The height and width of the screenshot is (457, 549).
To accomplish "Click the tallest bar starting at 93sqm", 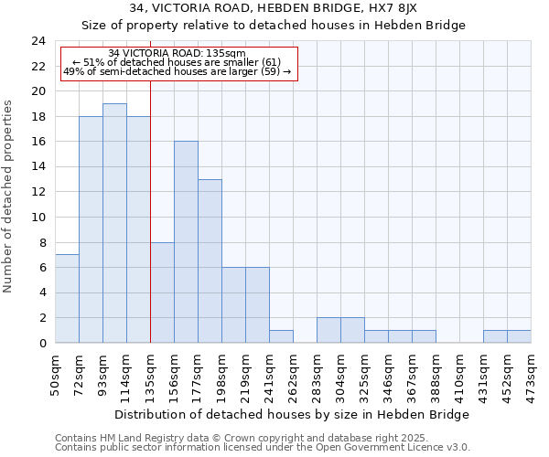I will pyautogui.click(x=114, y=223).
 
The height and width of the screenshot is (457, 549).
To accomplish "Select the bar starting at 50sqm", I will pyautogui.click(x=67, y=299).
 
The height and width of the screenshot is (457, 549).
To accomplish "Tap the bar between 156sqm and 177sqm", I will pyautogui.click(x=186, y=242).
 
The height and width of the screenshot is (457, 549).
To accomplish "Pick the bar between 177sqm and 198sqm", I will pyautogui.click(x=210, y=260).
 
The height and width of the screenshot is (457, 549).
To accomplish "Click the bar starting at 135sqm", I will pyautogui.click(x=162, y=292).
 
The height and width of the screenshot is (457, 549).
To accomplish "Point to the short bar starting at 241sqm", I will pyautogui.click(x=281, y=336).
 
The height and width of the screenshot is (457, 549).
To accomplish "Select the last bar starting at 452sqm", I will pyautogui.click(x=519, y=336).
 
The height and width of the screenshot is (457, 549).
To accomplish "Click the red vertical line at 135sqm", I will pyautogui.click(x=150, y=210).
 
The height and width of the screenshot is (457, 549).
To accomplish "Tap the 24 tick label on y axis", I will pyautogui.click(x=38, y=41).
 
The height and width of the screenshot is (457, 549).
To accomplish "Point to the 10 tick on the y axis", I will pyautogui.click(x=38, y=218).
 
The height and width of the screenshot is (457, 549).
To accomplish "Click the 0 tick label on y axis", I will pyautogui.click(x=42, y=344).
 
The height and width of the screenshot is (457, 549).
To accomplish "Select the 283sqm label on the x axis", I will pyautogui.click(x=317, y=375).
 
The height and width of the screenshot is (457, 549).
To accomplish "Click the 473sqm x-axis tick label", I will pyautogui.click(x=531, y=375).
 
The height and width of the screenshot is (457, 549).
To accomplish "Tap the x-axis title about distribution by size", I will pyautogui.click(x=293, y=414).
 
